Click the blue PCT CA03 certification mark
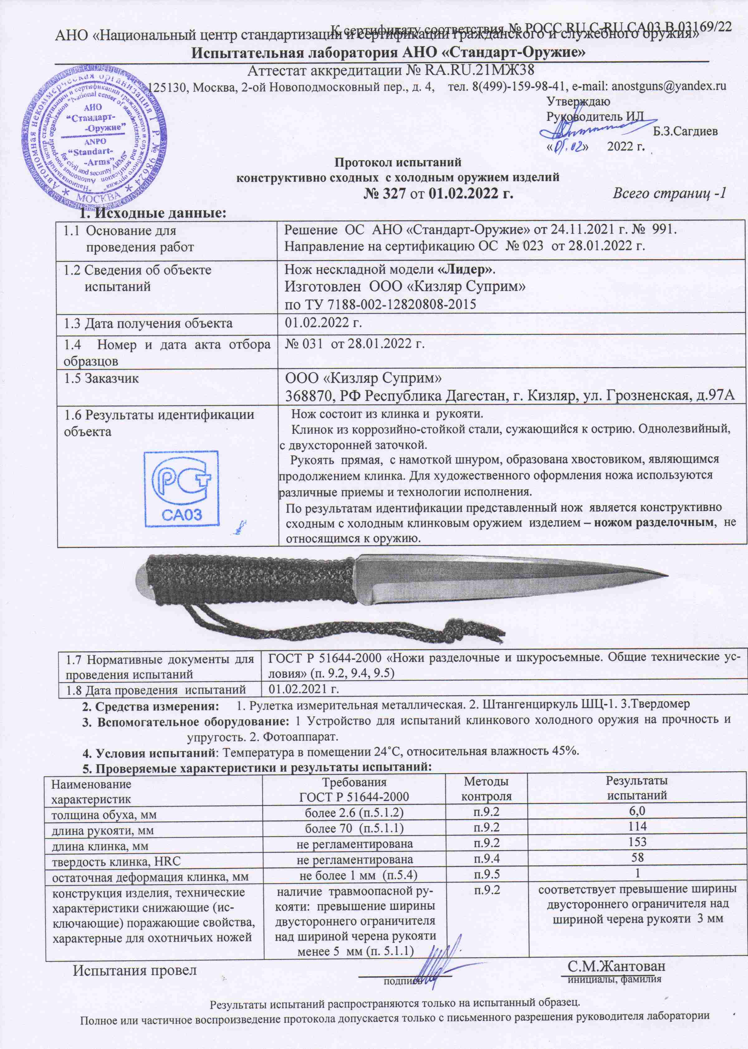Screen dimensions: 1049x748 point(181,488)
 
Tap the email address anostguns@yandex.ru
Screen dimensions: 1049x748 point(668,86)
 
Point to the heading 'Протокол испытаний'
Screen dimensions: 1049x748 point(397,162)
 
